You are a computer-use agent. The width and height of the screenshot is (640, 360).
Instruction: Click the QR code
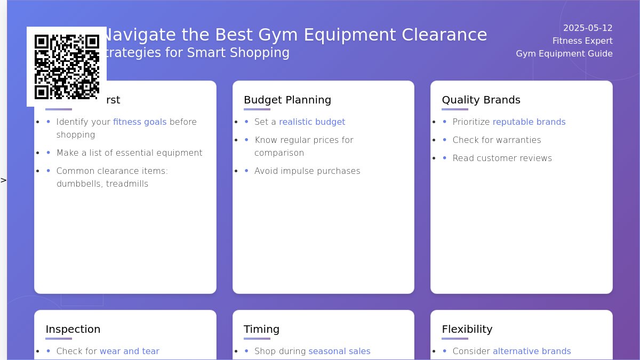[x=67, y=67]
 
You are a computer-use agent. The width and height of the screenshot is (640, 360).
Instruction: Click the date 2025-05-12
[x=588, y=28]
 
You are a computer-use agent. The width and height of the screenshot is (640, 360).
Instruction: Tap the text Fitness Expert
[x=582, y=41]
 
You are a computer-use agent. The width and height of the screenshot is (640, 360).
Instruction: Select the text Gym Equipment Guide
[x=564, y=54]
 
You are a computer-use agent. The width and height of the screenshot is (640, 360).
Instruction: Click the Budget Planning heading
[x=287, y=100]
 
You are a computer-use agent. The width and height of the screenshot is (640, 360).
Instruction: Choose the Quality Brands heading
[x=481, y=100]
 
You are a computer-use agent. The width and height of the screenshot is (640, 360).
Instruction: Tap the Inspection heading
[x=73, y=329]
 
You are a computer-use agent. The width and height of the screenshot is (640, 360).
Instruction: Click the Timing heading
[x=261, y=329]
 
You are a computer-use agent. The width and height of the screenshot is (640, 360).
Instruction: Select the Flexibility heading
[x=467, y=329]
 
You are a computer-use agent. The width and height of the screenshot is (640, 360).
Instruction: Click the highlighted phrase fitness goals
[x=140, y=122]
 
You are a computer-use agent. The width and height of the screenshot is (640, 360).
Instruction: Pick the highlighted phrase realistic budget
[x=312, y=122]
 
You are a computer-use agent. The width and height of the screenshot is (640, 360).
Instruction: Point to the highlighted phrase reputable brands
[x=529, y=122]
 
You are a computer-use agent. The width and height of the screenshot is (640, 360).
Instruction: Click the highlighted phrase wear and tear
[x=130, y=351]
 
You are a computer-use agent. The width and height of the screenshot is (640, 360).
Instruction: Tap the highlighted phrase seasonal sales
[x=339, y=351]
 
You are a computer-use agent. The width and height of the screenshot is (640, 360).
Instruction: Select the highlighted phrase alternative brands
[x=532, y=351]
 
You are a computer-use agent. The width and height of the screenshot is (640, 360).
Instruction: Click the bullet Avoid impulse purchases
[x=307, y=171]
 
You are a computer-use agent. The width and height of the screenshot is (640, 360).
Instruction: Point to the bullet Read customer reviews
[x=502, y=158]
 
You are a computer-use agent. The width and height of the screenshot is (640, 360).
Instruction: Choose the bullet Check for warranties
[x=497, y=140]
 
